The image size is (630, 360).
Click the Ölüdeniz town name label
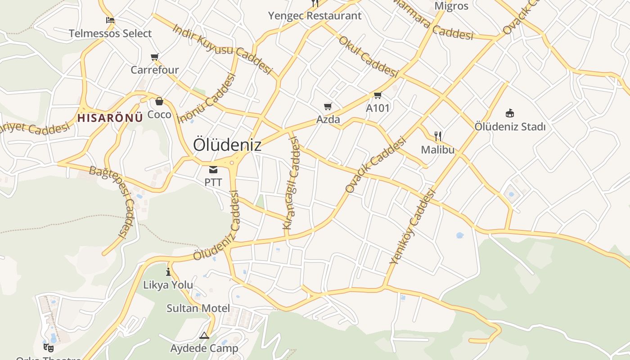point(227,145)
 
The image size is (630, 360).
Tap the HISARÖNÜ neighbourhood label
point(110,118)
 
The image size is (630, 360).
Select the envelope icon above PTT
point(213,170)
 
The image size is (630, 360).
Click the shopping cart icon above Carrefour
point(155,57)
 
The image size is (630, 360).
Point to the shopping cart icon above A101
point(378,95)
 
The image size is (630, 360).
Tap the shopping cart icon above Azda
point(328,107)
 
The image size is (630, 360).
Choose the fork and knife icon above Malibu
point(437,136)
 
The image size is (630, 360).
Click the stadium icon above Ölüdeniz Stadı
point(510,112)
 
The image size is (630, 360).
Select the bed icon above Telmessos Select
point(110,20)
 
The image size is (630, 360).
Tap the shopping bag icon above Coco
point(159,101)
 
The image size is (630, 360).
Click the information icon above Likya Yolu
point(168,272)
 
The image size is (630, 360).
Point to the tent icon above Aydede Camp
point(204,335)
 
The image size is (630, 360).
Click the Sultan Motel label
point(198,308)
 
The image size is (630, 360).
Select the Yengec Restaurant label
point(315,16)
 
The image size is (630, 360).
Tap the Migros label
point(451,6)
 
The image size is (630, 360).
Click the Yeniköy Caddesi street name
point(413,226)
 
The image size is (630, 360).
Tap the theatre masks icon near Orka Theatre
point(49,347)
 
